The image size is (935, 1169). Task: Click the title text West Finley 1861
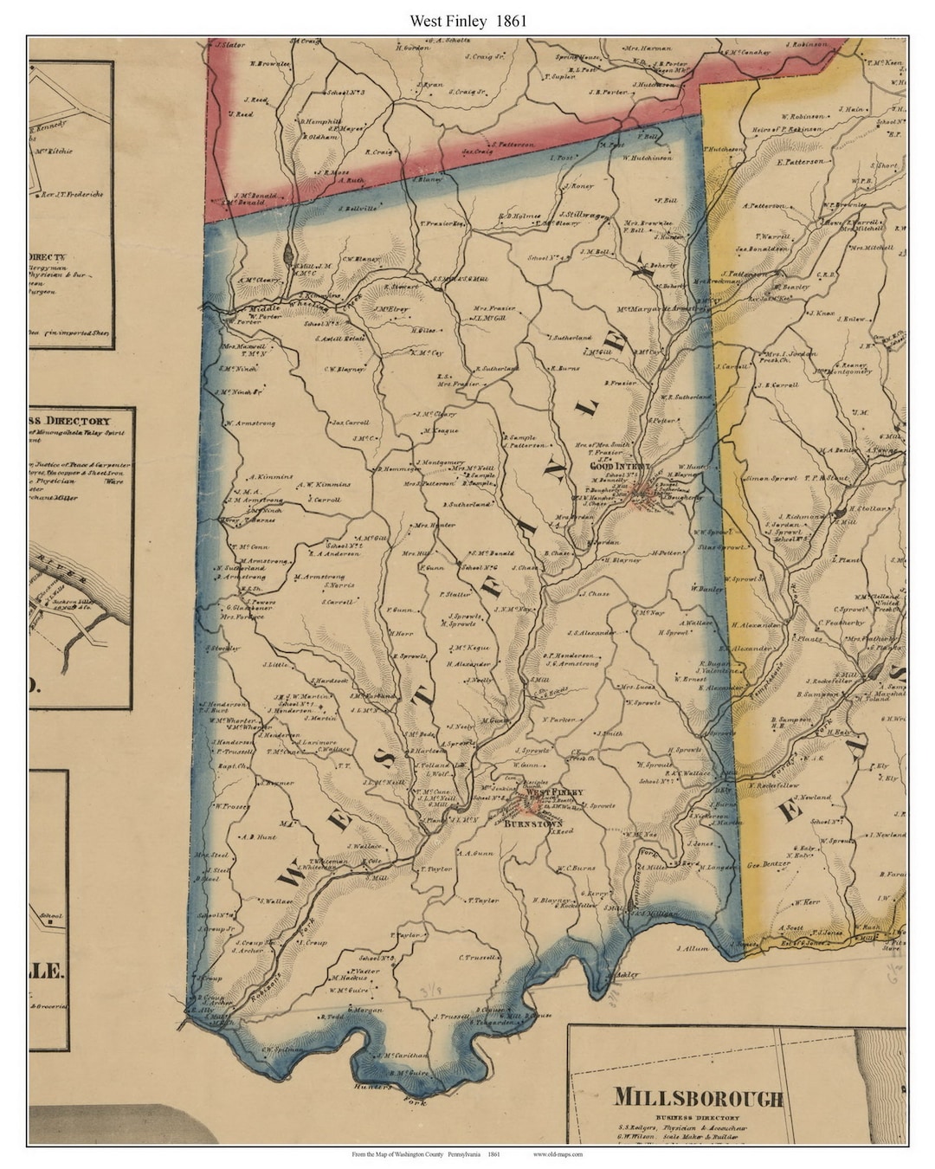(x=467, y=19)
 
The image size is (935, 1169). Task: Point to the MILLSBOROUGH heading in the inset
(x=699, y=1098)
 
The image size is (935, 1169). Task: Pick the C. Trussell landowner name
(x=481, y=958)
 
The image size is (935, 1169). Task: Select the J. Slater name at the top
(x=231, y=44)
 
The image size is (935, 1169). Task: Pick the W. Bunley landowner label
(x=706, y=589)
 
